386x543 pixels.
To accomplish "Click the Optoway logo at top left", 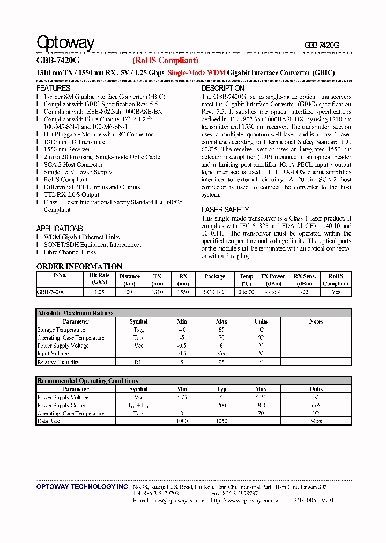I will click(65, 43).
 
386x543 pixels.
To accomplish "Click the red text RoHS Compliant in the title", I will click(165, 61).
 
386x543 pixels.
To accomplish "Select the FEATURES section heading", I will click(53, 88).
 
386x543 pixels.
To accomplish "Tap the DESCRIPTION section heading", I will click(222, 88).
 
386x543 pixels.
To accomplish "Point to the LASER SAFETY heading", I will click(225, 210).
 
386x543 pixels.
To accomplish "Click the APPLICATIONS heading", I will click(60, 229).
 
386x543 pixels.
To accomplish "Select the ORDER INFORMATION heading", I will click(79, 266).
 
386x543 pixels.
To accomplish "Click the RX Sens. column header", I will click(305, 276).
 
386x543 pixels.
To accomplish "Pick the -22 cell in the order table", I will click(305, 292).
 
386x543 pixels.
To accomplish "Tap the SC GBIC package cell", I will click(215, 292).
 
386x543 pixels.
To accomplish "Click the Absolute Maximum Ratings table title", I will click(75, 313).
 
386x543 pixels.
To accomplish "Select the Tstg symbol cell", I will click(138, 330).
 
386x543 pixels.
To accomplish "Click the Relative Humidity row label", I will click(58, 362).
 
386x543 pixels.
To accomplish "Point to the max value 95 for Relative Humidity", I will click(221, 362).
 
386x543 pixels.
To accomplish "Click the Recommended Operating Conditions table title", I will click(87, 380).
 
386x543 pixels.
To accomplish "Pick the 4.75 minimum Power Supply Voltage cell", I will click(182, 398).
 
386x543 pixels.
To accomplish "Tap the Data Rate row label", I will click(48, 422).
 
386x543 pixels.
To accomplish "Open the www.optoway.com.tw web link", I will click(253, 501).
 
